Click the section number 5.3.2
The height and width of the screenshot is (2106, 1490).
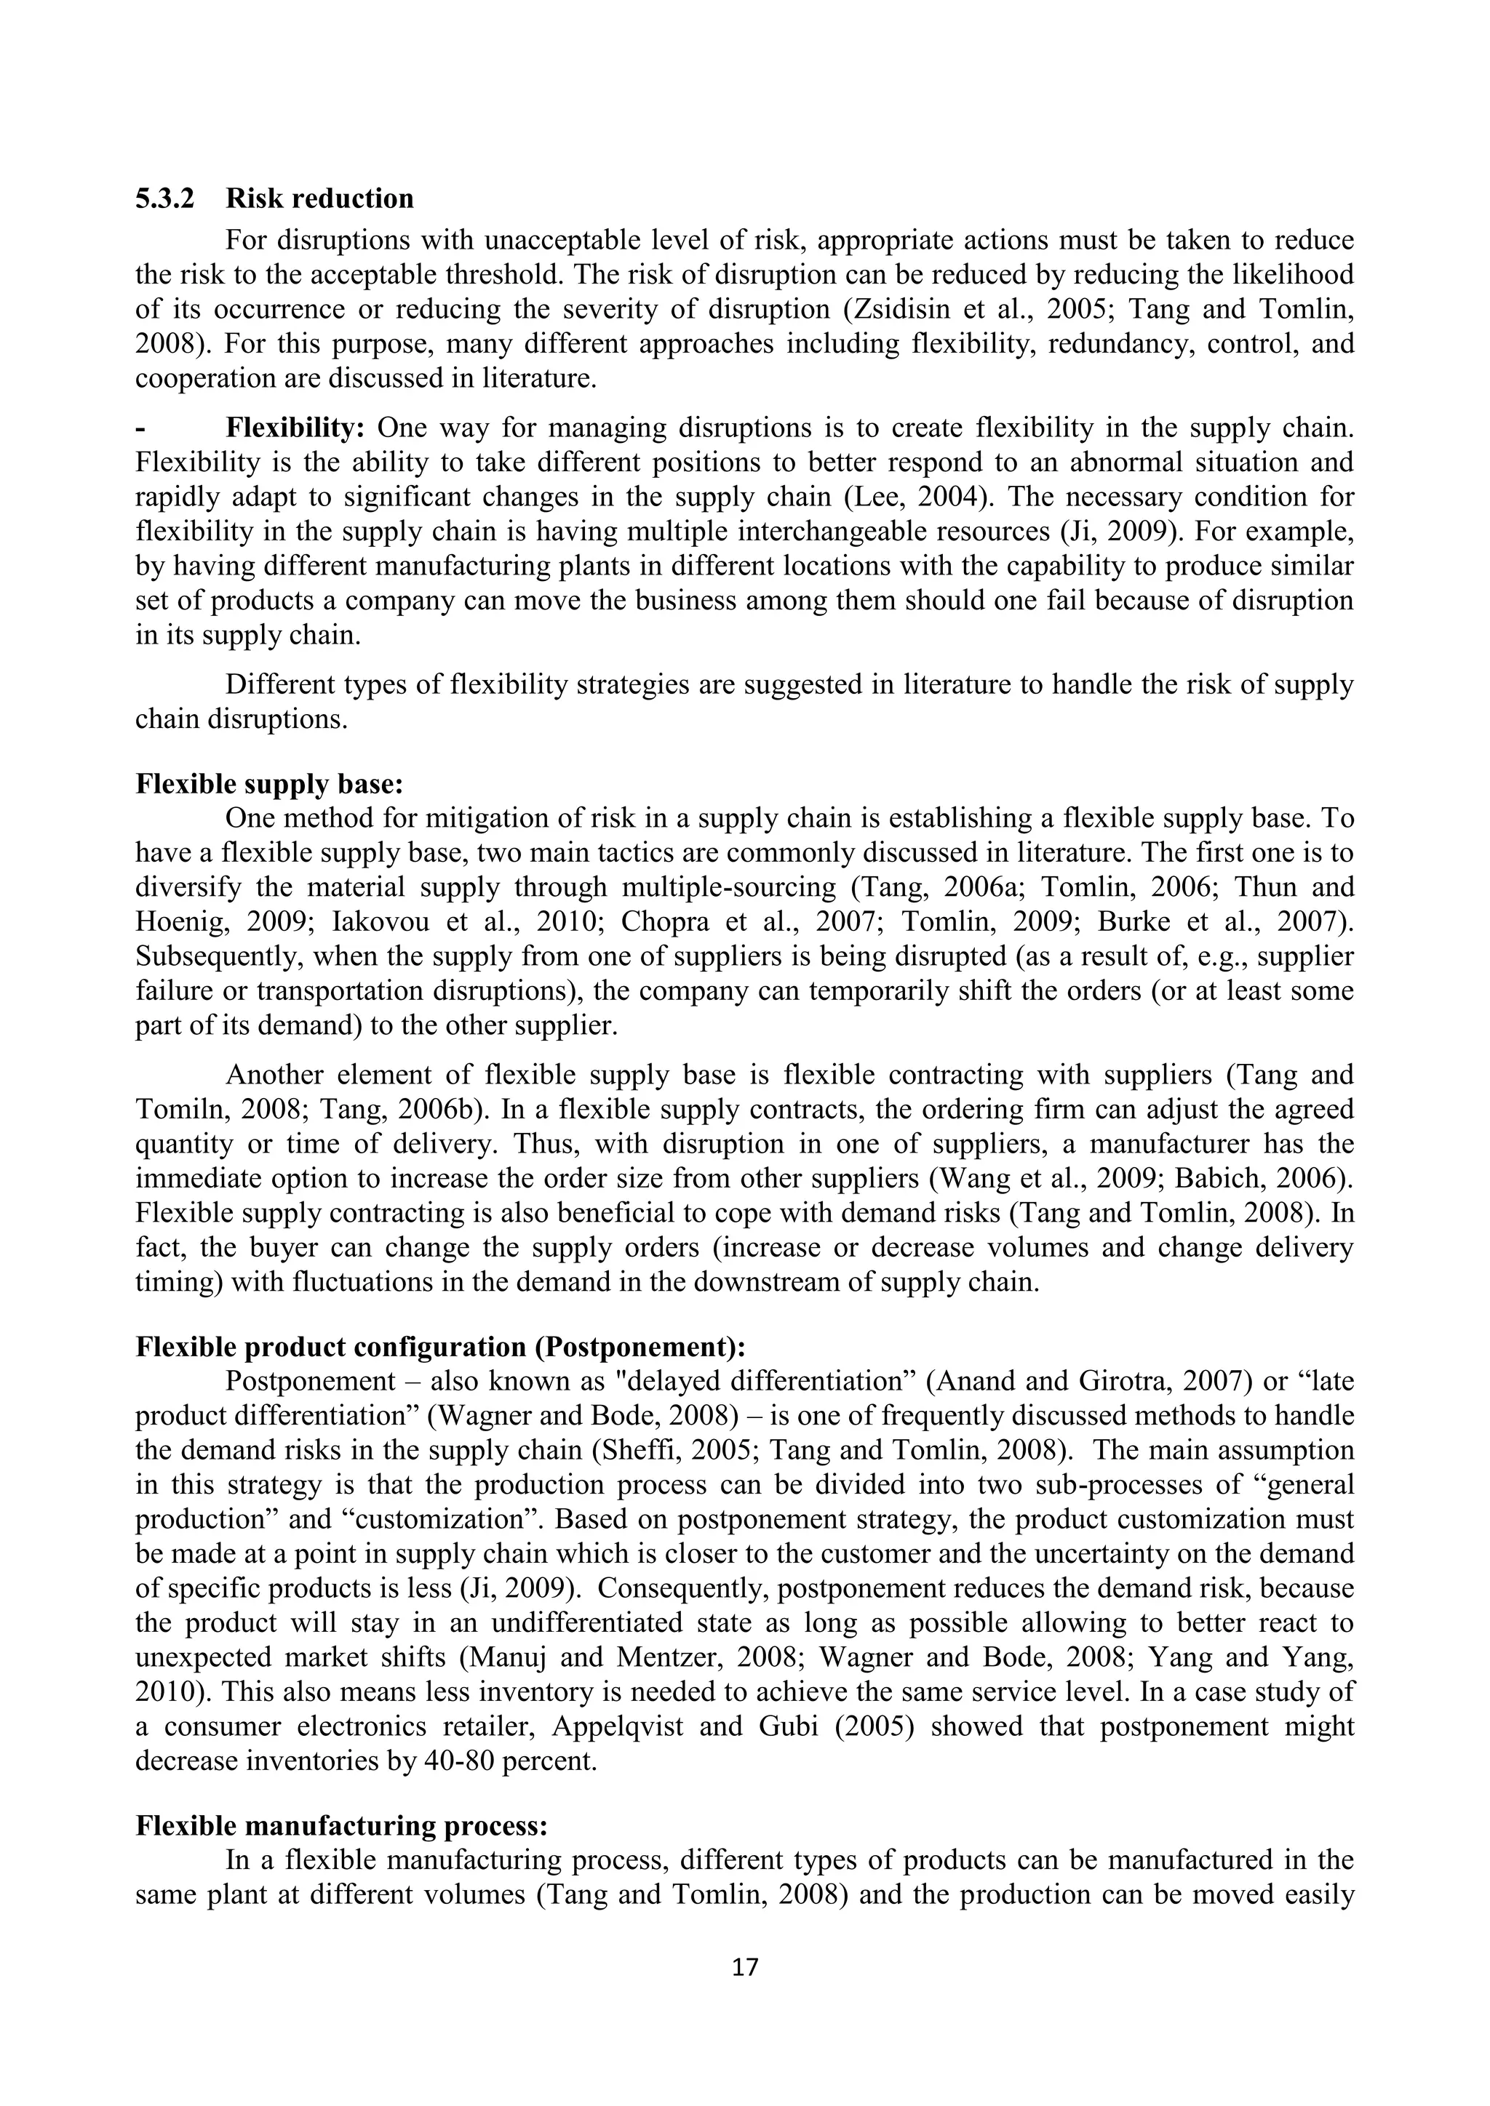164,198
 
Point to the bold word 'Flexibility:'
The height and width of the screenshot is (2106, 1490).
295,428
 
